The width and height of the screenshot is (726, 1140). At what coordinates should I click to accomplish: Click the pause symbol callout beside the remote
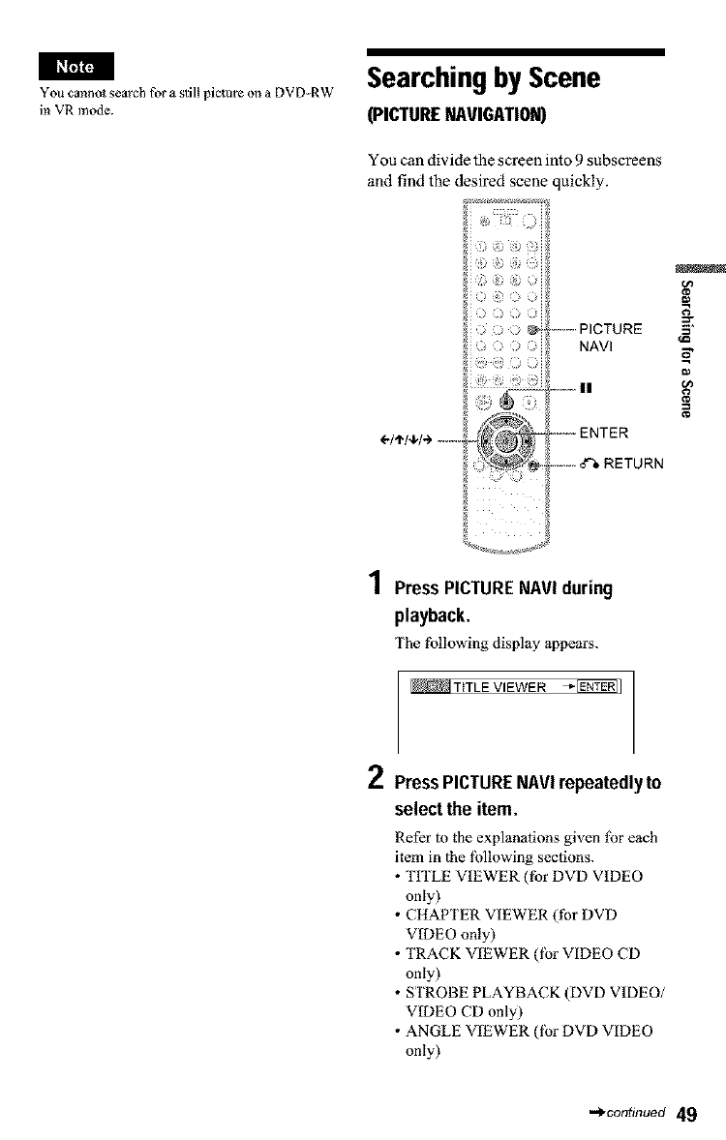pos(584,387)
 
